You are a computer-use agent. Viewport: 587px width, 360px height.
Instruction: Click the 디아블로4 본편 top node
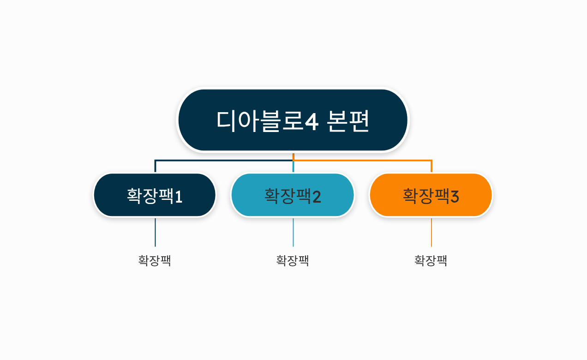(293, 120)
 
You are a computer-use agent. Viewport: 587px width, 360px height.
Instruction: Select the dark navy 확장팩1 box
(155, 195)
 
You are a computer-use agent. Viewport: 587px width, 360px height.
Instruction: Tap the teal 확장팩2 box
(293, 195)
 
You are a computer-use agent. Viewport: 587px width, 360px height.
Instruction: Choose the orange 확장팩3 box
(431, 195)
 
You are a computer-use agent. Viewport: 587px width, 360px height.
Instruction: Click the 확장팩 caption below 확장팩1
(155, 261)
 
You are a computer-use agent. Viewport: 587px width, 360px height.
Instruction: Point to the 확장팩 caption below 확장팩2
(293, 261)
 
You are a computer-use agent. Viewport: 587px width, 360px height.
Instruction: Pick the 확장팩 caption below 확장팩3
(431, 261)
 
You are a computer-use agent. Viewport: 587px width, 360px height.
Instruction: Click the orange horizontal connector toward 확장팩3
(365, 161)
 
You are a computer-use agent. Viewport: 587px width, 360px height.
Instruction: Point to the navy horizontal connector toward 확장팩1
(222, 161)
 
